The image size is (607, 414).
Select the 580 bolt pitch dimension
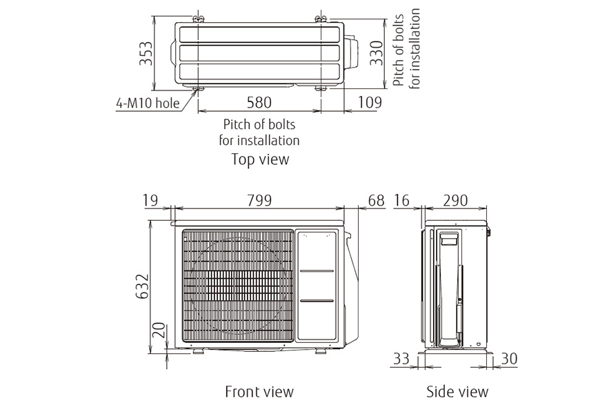coord(259,102)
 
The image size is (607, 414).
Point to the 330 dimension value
coord(376,53)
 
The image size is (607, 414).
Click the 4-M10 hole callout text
coord(148,103)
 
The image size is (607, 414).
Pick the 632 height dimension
coord(143,286)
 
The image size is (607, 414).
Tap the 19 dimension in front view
coord(151,200)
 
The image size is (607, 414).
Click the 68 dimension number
coord(376,200)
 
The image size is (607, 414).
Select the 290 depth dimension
coord(455,200)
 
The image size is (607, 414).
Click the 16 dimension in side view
coord(402,200)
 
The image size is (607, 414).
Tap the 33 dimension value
coord(401,359)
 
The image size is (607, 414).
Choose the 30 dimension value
coord(509,359)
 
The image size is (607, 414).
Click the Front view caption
coord(259,392)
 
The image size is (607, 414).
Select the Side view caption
coord(457,392)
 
